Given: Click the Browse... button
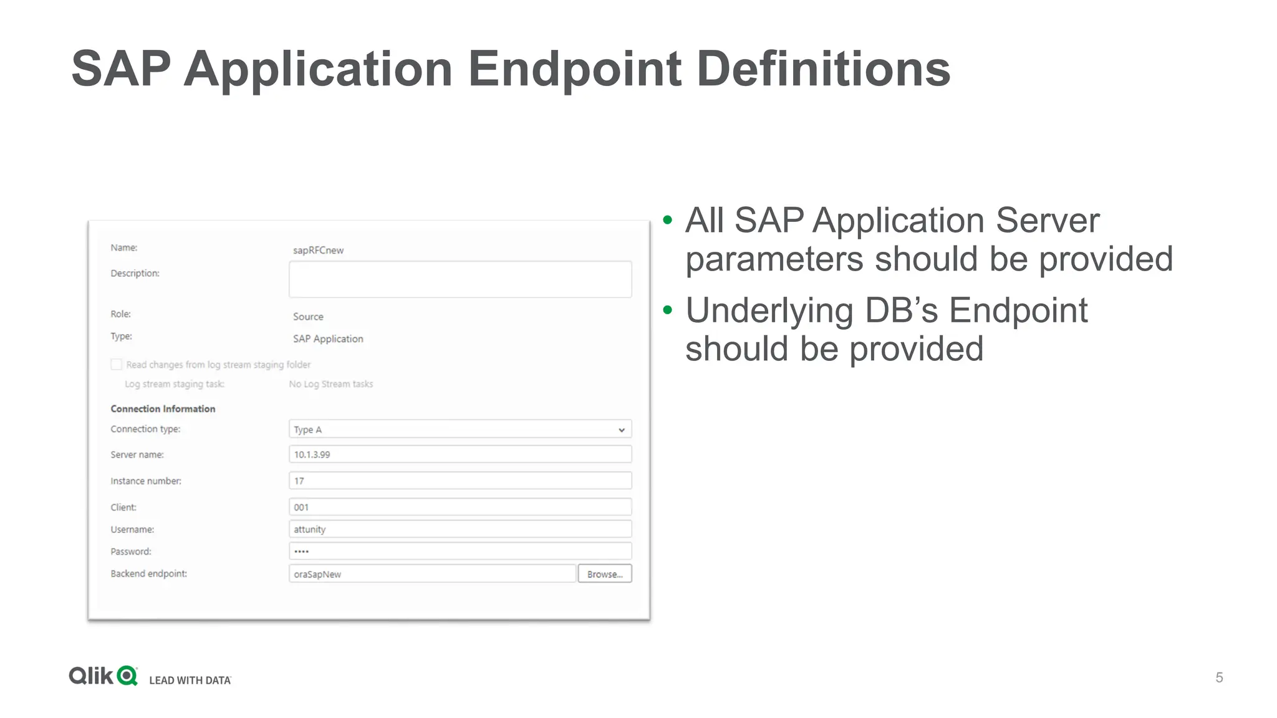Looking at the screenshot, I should coord(604,573).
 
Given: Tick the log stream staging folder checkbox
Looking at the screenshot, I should coord(117,365).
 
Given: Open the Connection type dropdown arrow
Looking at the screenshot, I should coord(621,429).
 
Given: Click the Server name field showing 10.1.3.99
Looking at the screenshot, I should coord(460,454).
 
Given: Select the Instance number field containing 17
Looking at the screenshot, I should coord(460,481).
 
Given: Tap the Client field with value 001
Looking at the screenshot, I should coord(460,507).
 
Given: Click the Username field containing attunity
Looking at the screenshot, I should coord(460,529).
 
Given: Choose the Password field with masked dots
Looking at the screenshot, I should coord(460,551).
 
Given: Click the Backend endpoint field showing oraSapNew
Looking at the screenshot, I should coord(431,573).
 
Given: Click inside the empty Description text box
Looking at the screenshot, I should coord(460,279).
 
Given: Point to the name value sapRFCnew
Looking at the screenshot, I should coord(318,250).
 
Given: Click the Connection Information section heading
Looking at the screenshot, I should coord(163,409).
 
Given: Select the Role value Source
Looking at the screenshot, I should coord(308,317).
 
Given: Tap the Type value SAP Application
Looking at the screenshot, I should coord(328,338).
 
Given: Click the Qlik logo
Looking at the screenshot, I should coord(103,676).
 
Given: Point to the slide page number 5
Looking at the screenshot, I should coord(1219,677).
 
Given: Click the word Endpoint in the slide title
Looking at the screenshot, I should coord(575,69).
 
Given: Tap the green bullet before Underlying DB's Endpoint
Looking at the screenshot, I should coord(668,310).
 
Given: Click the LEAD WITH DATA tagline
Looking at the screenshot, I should coord(190,680).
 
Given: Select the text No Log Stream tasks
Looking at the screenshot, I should coord(330,384).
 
